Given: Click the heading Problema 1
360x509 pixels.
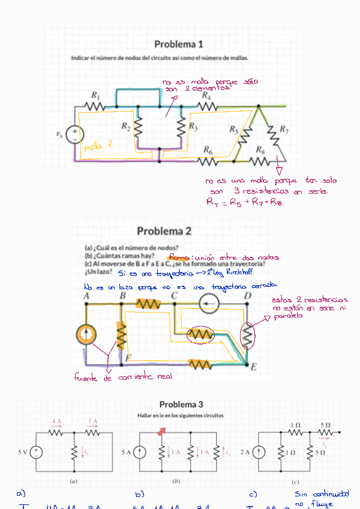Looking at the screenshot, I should pyautogui.click(x=179, y=44).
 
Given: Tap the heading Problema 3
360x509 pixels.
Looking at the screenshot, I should pyautogui.click(x=181, y=405).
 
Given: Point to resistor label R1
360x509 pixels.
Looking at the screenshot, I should pyautogui.click(x=95, y=95).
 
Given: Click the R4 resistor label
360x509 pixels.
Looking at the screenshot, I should pyautogui.click(x=206, y=95).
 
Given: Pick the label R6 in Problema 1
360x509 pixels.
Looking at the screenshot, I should pyautogui.click(x=208, y=150).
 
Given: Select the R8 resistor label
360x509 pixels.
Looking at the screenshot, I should pyautogui.click(x=260, y=150).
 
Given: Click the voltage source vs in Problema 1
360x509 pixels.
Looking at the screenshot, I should pyautogui.click(x=75, y=135).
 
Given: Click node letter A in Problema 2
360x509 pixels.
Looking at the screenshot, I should pyautogui.click(x=86, y=296).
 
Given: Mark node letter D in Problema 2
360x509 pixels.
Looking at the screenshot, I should pyautogui.click(x=247, y=296).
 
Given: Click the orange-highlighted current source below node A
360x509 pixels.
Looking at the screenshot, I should pyautogui.click(x=87, y=334).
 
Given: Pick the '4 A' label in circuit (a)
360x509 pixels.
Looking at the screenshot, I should pyautogui.click(x=56, y=421).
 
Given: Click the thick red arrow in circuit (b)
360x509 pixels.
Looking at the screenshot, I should pyautogui.click(x=161, y=430).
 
